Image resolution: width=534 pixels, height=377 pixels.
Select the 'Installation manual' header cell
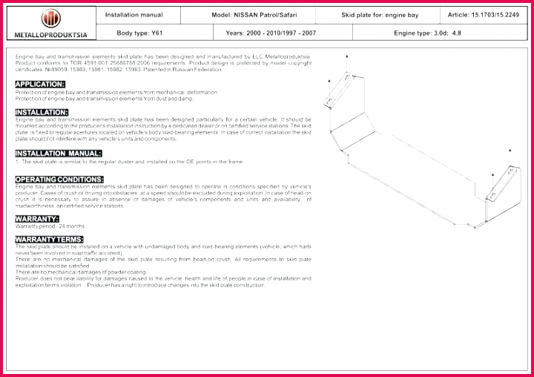pyautogui.click(x=133, y=14)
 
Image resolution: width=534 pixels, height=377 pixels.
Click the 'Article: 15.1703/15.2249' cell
pyautogui.click(x=483, y=14)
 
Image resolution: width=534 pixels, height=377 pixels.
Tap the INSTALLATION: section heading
pyautogui.click(x=42, y=112)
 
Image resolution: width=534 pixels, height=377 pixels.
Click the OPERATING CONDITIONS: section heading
pyautogui.click(x=59, y=179)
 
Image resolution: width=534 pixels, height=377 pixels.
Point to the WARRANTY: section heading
pyautogui.click(x=37, y=218)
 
